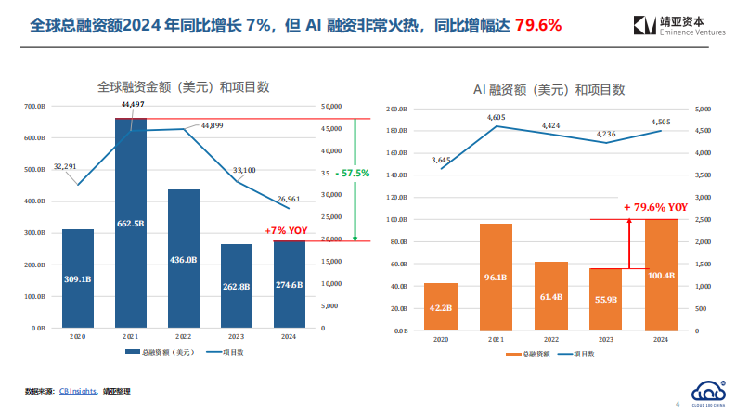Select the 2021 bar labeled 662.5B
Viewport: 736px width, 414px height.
click(x=131, y=223)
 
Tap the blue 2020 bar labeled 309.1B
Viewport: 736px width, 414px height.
click(x=78, y=278)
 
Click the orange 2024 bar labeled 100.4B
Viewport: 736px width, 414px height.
click(x=660, y=275)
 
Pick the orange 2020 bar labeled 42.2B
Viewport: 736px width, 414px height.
click(x=441, y=306)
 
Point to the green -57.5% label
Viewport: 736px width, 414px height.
click(x=351, y=174)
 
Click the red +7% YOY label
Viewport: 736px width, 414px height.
click(x=286, y=230)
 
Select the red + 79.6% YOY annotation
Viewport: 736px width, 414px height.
click(x=655, y=207)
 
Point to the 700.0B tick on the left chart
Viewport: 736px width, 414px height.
click(x=35, y=106)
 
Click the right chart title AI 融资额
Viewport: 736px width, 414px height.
click(x=549, y=90)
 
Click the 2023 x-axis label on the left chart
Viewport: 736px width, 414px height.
click(x=236, y=338)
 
